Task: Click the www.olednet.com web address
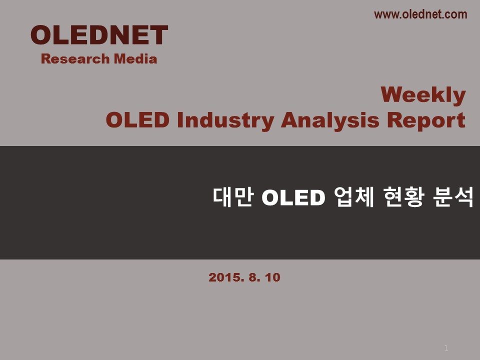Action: click(420, 14)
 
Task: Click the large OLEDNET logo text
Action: click(99, 35)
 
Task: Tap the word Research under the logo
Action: click(75, 59)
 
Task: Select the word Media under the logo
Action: click(135, 59)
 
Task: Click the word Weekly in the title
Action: click(423, 94)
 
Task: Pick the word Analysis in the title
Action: click(330, 120)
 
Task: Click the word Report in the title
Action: click(426, 120)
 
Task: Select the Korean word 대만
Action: click(233, 197)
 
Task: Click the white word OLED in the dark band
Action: click(293, 197)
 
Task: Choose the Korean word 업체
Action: click(354, 197)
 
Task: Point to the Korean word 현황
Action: click(404, 197)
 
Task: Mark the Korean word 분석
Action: click(453, 197)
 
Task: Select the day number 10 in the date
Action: click(273, 277)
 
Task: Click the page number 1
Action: click(446, 348)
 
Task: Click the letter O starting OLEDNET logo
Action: click(41, 35)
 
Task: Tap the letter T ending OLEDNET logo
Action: click(159, 35)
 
